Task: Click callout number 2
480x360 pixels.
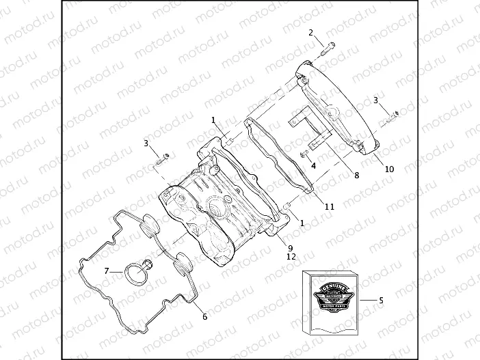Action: (x=311, y=33)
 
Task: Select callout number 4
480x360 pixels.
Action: (x=312, y=165)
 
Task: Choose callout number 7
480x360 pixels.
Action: (x=107, y=271)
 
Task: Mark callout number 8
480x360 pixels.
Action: (x=356, y=175)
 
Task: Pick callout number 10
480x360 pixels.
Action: (x=390, y=168)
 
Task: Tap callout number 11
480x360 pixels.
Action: (x=329, y=206)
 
